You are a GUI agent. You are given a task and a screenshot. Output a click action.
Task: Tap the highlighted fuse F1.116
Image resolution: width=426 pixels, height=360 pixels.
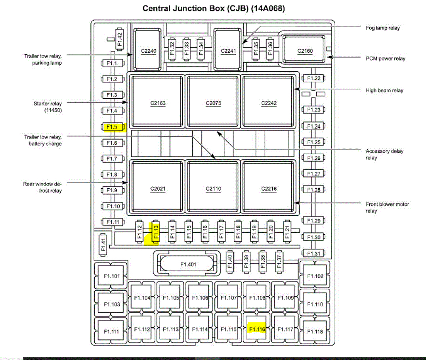[256, 329]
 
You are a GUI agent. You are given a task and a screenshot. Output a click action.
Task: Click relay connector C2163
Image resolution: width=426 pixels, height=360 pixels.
[158, 103]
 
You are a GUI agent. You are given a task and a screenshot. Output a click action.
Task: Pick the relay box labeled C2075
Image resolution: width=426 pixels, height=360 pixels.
[213, 103]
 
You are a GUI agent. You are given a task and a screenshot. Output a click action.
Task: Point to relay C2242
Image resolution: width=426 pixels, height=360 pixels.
[269, 103]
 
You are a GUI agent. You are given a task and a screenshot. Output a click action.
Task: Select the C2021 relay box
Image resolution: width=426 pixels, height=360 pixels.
[158, 189]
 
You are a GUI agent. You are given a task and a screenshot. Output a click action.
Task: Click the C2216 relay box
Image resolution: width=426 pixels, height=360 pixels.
[269, 189]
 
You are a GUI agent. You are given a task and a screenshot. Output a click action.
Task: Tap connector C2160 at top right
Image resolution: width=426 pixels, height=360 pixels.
[305, 51]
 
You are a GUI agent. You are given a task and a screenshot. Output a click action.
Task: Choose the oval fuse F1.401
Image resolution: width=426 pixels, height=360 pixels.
[188, 264]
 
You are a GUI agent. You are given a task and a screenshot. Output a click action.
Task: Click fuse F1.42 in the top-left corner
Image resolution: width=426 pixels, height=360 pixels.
[120, 39]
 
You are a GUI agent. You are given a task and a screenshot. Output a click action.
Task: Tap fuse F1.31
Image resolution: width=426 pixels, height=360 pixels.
[313, 253]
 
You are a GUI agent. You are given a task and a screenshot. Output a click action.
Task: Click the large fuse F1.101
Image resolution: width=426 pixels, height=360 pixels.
[111, 276]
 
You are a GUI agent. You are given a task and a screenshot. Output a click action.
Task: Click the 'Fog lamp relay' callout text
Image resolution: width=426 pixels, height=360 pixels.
[382, 28]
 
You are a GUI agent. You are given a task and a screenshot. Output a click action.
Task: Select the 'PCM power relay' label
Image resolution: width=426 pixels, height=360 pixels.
[385, 59]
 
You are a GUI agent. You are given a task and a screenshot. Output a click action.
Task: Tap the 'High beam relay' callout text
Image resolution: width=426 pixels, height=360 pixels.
[384, 90]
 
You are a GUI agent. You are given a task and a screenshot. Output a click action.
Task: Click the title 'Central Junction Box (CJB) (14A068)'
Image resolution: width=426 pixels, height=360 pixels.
[213, 8]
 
